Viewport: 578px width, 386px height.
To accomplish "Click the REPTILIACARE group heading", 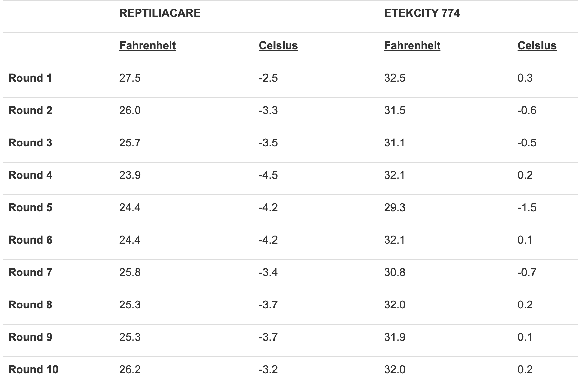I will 160,13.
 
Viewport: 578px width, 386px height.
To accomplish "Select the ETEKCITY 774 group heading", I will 422,13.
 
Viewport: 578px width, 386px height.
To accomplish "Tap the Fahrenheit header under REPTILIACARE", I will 147,45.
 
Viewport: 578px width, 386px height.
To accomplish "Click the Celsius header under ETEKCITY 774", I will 537,45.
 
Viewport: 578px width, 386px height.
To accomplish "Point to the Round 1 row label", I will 30,78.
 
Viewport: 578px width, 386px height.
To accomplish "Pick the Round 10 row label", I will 33,369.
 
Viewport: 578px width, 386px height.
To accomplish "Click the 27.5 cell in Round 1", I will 130,78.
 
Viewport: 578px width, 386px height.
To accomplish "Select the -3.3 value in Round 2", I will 268,110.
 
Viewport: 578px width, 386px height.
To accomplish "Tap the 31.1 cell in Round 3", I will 395,143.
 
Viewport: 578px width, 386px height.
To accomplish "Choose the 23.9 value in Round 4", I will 130,175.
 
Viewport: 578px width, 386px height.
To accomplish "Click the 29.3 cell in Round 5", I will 395,207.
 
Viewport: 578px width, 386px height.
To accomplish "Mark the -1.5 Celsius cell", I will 527,207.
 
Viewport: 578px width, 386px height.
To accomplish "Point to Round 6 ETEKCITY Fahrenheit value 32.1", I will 395,240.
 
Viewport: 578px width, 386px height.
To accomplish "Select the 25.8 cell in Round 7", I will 130,272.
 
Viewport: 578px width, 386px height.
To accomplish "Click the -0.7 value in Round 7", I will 527,272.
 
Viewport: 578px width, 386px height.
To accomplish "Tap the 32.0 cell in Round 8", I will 395,305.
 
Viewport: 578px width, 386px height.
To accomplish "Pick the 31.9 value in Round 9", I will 395,337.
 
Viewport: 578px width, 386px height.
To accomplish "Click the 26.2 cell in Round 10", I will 130,369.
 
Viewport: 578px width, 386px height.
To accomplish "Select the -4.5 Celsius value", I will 268,175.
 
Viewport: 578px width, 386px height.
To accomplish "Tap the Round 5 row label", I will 30,207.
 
